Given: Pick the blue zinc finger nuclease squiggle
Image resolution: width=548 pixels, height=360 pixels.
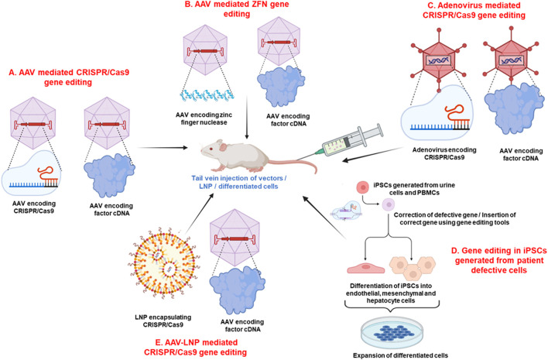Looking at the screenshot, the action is pos(207,94).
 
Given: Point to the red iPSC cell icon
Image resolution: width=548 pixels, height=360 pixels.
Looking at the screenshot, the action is pos(363,187).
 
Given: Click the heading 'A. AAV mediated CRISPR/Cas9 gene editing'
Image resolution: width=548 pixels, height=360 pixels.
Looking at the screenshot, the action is pos(69,77).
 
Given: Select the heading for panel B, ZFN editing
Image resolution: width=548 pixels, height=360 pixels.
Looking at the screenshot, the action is pos(237,9).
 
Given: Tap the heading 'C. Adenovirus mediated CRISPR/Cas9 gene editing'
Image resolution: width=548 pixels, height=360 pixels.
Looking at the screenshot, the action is pos(474,11).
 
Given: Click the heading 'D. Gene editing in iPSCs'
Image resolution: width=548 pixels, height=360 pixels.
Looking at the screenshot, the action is pos(499,260).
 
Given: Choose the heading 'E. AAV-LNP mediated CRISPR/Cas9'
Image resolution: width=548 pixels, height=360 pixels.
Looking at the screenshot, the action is pos(195,347).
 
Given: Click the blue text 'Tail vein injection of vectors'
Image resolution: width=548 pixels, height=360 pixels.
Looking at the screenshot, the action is pos(239,178).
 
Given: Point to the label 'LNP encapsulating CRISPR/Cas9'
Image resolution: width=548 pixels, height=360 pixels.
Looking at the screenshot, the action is pos(163,321).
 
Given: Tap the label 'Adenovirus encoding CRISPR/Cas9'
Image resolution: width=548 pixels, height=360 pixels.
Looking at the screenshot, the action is pos(444,153).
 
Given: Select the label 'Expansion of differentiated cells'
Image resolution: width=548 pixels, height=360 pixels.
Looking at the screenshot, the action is pos(400,355).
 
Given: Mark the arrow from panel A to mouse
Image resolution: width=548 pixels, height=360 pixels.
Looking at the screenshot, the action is pos(163,148).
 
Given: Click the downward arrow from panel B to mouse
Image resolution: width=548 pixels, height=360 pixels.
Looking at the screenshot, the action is pos(247,118).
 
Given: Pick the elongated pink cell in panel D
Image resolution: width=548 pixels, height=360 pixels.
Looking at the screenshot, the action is pos(365,267).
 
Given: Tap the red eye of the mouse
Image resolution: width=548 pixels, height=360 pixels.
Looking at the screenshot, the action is pos(211,149).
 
